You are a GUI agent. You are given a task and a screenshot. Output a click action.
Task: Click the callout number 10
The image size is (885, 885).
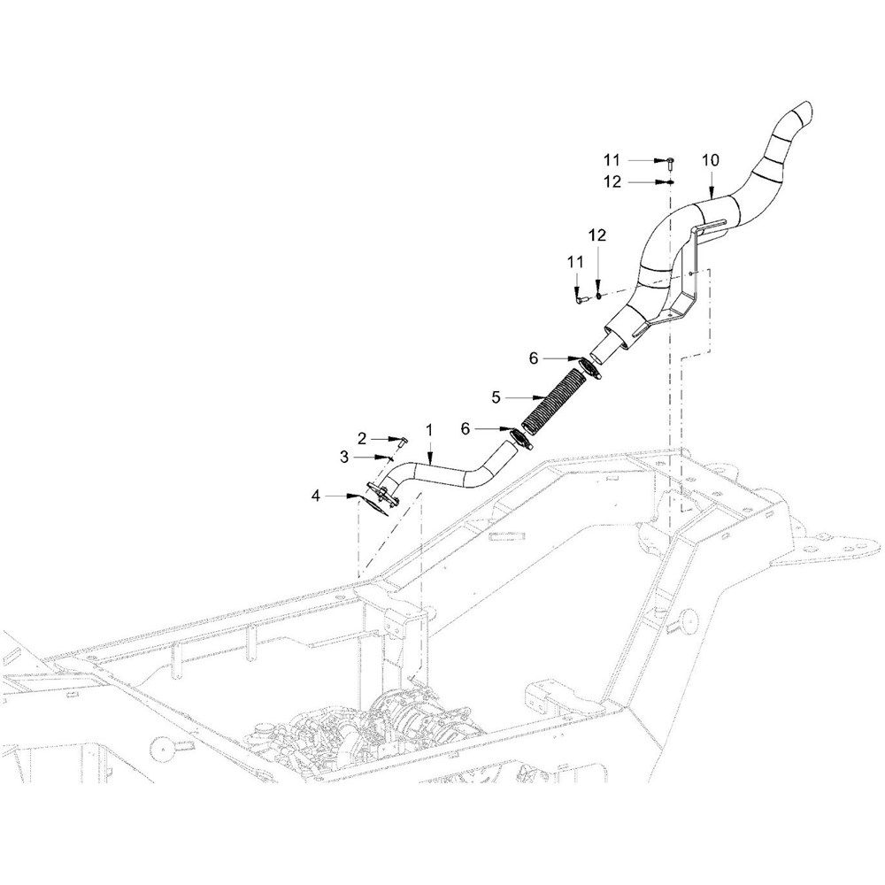[711, 160]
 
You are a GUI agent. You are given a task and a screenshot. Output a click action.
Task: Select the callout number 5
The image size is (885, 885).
[496, 397]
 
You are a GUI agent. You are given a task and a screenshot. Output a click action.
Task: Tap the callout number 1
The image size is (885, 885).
[429, 430]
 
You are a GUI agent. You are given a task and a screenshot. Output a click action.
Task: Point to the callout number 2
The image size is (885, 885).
[362, 438]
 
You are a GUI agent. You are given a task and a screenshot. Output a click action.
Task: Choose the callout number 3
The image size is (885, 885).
[345, 457]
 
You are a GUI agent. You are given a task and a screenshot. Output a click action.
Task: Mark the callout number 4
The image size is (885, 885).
[316, 496]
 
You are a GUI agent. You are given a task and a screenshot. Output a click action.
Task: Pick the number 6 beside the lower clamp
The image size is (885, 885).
[466, 429]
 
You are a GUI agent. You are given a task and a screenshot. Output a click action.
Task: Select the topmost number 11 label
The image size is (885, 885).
[612, 160]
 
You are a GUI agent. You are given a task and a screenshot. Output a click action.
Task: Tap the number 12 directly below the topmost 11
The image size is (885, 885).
[612, 181]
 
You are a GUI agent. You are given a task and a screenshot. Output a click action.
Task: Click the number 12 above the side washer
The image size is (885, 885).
[597, 235]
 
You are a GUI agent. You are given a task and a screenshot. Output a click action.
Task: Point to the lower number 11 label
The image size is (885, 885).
[575, 262]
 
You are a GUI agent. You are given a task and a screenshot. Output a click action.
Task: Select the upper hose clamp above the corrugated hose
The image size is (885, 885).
[589, 368]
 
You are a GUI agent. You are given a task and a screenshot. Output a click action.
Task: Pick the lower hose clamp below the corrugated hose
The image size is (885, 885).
[521, 439]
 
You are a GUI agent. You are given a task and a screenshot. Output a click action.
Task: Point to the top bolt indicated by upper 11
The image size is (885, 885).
[669, 163]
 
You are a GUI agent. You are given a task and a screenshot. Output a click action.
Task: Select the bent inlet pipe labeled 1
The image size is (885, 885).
[446, 473]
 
